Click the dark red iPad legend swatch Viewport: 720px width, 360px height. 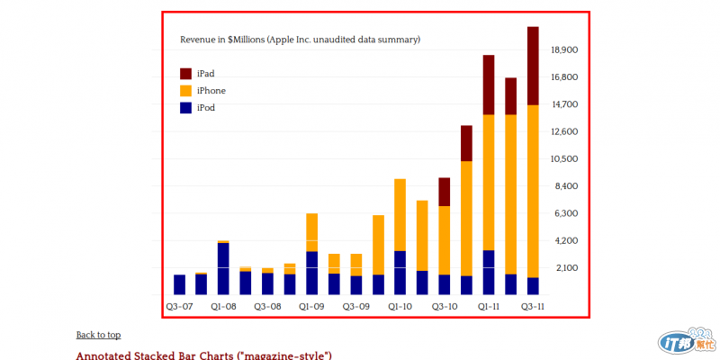[x=186, y=73]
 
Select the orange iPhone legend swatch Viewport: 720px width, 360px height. [x=186, y=90]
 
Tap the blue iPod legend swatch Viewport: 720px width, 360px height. [x=186, y=107]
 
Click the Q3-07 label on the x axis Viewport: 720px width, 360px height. [x=179, y=306]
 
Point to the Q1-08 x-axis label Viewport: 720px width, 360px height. [x=223, y=306]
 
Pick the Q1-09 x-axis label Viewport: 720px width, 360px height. [x=311, y=306]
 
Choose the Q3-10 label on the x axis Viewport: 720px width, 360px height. [x=445, y=306]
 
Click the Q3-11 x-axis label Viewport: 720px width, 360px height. [x=533, y=306]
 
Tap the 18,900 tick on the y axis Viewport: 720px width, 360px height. [x=562, y=50]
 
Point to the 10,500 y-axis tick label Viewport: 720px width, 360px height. [x=562, y=159]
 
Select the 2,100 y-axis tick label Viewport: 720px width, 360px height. [x=564, y=268]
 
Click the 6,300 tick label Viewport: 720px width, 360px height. [x=564, y=213]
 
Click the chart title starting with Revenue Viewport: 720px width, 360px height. [x=300, y=40]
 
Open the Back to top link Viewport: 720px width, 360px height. [x=98, y=335]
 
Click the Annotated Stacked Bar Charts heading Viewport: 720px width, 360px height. [x=203, y=355]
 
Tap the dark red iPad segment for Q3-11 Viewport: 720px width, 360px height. [x=533, y=66]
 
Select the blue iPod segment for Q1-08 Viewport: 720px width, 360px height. [x=223, y=268]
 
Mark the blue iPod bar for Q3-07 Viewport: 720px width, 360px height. [x=179, y=284]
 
